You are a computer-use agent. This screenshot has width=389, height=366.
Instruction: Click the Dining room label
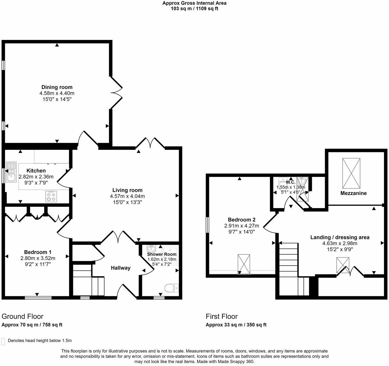click(57, 87)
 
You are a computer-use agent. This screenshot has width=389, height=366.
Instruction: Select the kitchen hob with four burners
click(51, 196)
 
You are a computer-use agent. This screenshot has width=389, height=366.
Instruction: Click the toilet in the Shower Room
click(171, 288)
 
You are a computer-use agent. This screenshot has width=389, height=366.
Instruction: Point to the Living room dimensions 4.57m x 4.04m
click(127, 196)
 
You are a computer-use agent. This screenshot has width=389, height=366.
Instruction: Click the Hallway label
click(120, 268)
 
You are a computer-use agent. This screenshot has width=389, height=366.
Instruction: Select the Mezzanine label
click(353, 193)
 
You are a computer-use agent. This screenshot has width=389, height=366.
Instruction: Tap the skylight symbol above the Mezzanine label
click(351, 173)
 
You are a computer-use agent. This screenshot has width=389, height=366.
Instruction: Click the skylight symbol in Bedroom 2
click(244, 264)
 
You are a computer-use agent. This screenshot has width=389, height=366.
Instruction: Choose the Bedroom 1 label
click(37, 252)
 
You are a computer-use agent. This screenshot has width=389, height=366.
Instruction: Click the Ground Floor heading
click(22, 316)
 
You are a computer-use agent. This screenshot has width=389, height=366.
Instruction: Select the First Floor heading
click(222, 316)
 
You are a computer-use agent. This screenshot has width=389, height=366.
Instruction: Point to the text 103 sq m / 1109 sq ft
click(194, 9)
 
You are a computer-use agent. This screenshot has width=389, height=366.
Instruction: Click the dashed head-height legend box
click(3, 341)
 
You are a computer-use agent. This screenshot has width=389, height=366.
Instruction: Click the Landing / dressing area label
click(340, 237)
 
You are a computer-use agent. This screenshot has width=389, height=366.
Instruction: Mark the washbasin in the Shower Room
click(151, 248)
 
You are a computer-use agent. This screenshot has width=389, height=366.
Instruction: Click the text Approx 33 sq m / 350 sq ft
click(236, 325)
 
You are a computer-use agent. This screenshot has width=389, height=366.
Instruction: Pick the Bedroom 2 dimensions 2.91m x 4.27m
click(241, 226)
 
